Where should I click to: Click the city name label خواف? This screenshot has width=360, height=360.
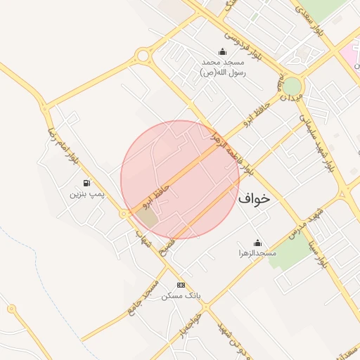[x=254, y=198]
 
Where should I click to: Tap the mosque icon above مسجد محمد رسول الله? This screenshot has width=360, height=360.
[x=223, y=51]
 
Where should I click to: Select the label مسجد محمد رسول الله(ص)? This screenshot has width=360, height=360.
[x=222, y=67]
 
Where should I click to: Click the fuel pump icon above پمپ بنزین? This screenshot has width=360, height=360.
[x=86, y=182]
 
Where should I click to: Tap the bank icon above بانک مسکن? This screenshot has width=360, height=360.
[x=181, y=285]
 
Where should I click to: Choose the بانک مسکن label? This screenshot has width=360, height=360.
[x=181, y=296]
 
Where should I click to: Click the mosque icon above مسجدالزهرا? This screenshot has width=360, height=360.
[x=257, y=243]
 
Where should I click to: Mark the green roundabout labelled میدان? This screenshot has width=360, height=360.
[x=292, y=86]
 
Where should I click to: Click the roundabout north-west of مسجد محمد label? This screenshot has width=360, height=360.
[x=144, y=56]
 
